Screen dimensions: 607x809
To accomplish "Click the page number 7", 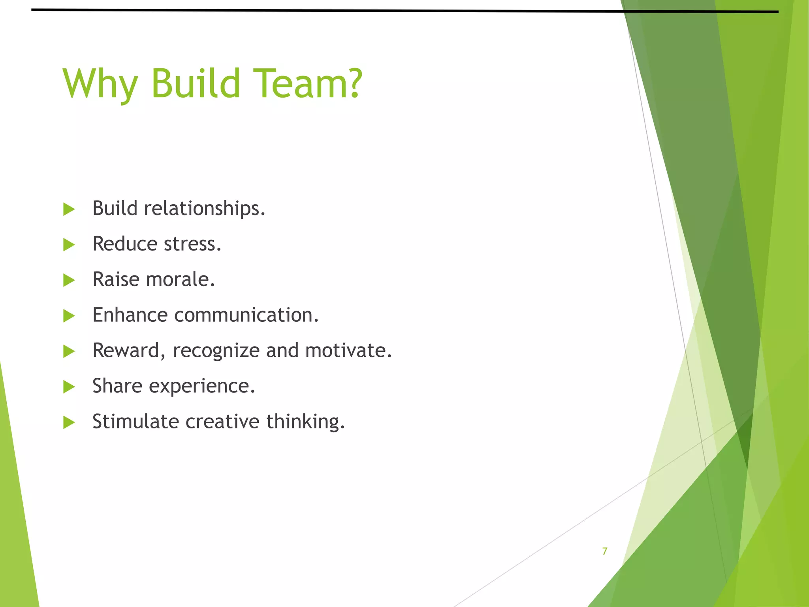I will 605,551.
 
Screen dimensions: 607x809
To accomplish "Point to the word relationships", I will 204,209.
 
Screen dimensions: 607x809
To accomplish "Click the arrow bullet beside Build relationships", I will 69,209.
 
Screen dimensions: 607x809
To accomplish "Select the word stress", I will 192,244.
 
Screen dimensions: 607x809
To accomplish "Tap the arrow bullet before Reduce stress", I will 69,245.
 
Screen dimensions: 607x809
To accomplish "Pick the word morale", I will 181,279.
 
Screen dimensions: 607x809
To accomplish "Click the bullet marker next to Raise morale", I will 69,280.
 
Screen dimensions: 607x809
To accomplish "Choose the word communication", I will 246,315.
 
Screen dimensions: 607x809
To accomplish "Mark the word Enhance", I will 130,315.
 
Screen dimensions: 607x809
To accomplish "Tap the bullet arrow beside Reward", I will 69,351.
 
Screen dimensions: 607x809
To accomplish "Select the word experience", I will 202,386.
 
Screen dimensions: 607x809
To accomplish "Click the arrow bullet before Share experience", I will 69,386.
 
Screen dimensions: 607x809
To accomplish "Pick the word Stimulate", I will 135,421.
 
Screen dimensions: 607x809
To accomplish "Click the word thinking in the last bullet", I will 305,422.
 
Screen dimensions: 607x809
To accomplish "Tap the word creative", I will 222,421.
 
